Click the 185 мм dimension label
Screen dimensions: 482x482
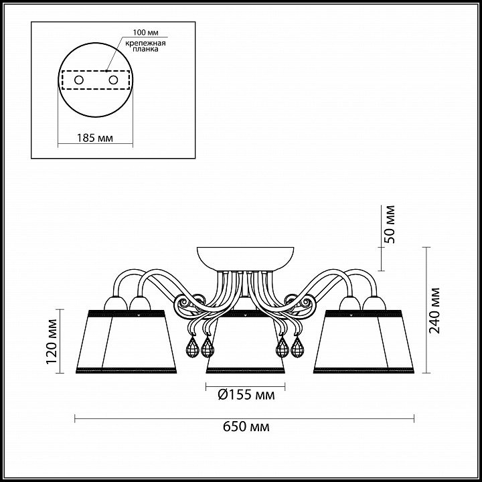click(x=95, y=138)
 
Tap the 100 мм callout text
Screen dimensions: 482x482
click(x=146, y=32)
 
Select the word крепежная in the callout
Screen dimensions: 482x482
click(x=145, y=43)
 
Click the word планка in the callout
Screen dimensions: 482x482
click(x=146, y=49)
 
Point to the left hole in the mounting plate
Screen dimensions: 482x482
click(x=79, y=80)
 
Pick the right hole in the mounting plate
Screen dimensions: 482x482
click(x=113, y=80)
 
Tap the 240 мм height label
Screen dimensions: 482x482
click(x=434, y=311)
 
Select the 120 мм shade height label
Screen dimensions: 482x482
click(x=52, y=341)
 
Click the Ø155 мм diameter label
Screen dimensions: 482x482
click(x=246, y=394)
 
